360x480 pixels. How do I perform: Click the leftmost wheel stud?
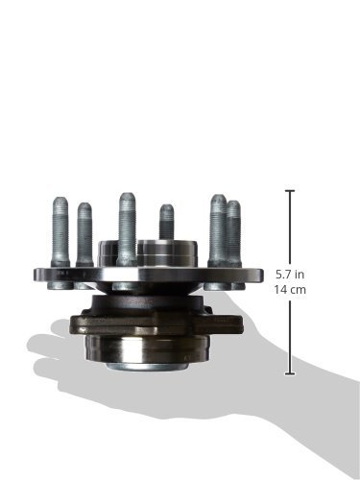pyautogui.click(x=60, y=232)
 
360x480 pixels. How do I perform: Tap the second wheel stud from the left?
pyautogui.click(x=84, y=234)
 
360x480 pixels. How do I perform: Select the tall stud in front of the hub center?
pyautogui.click(x=127, y=229)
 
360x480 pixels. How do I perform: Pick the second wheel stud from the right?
pyautogui.click(x=218, y=231)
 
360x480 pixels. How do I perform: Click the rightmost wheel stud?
pyautogui.click(x=234, y=233)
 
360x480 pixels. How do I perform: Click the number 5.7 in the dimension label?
pyautogui.click(x=284, y=275)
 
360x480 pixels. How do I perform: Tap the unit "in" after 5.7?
pyautogui.click(x=300, y=275)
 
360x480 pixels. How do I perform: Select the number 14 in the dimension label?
pyautogui.click(x=279, y=290)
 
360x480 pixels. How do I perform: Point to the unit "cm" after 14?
pyautogui.click(x=298, y=290)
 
